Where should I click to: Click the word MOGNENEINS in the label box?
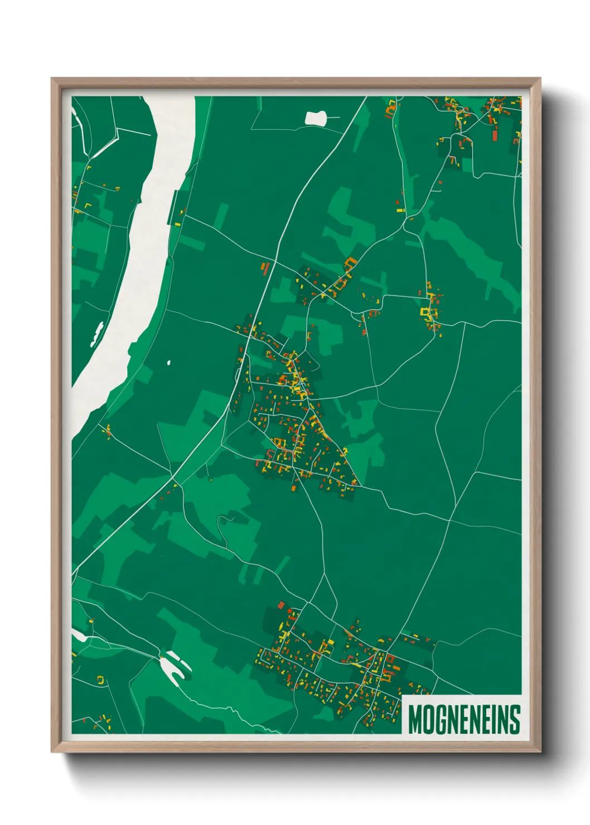[464, 719]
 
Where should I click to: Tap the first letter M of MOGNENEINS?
[414, 719]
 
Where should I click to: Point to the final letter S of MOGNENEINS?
[515, 719]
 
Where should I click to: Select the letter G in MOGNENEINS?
[438, 719]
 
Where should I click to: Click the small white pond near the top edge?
[316, 118]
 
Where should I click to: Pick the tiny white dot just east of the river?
[169, 363]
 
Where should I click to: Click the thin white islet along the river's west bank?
[98, 333]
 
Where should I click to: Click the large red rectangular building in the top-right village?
[494, 135]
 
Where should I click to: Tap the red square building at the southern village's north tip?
[282, 605]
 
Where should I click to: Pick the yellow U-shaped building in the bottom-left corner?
[101, 680]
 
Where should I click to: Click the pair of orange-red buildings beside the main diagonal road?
[265, 268]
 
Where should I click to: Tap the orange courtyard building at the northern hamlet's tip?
[350, 261]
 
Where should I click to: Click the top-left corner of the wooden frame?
[52, 79]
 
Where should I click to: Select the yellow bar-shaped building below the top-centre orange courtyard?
[399, 211]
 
